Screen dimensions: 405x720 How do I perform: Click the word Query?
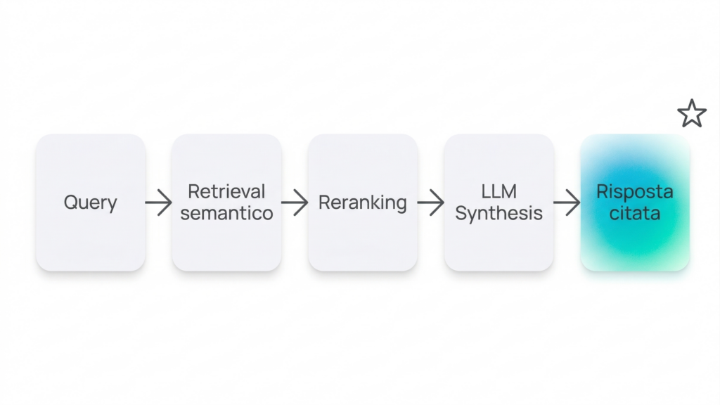pos(90,202)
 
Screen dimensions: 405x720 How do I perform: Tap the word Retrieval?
pos(226,191)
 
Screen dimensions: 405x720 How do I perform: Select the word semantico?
pos(226,213)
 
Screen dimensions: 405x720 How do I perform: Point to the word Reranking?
pos(362,202)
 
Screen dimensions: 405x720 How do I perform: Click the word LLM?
pos(499,191)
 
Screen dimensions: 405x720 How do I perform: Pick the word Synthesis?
pos(499,213)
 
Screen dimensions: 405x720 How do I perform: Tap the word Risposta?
pos(635,191)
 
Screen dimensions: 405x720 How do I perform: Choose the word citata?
pos(635,213)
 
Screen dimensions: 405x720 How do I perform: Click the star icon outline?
pos(692,114)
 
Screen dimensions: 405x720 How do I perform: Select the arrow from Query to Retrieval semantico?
pos(159,203)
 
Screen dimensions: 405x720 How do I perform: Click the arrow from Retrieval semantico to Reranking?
pos(295,203)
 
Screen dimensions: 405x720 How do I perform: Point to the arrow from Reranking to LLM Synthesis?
pos(430,203)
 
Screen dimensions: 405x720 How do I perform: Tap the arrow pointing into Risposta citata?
pos(567,203)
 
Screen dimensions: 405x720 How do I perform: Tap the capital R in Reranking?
pos(323,202)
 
